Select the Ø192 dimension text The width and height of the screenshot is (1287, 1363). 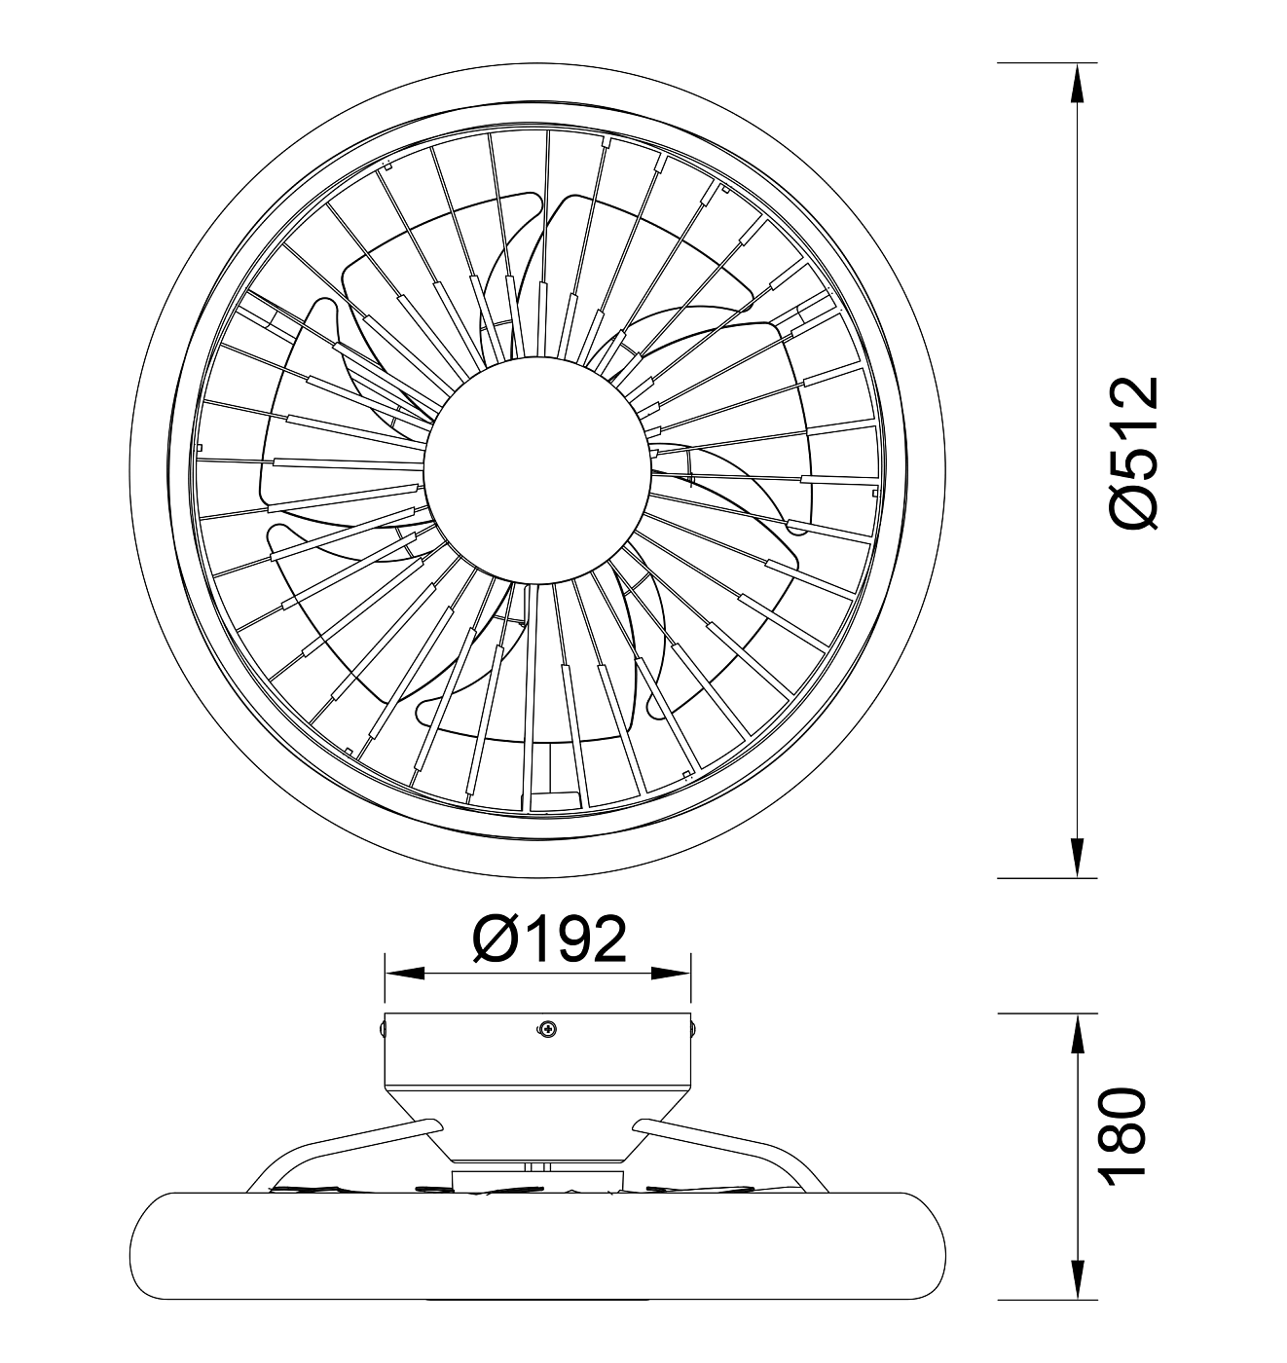coord(549,939)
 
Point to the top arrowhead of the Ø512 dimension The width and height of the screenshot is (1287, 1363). coord(1078,84)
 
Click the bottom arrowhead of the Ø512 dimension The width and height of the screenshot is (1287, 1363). coord(1078,857)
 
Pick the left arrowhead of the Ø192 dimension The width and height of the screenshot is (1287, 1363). coord(404,973)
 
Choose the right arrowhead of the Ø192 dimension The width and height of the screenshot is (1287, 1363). coord(671,973)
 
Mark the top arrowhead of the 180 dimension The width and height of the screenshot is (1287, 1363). coord(1078,1034)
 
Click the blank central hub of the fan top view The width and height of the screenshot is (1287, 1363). coord(536,470)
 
